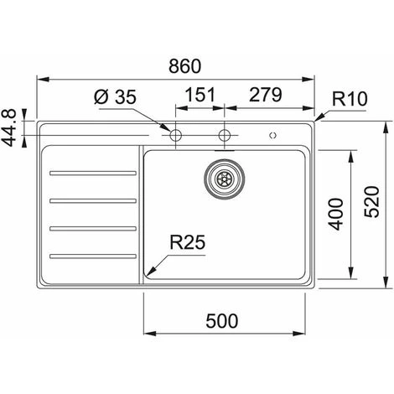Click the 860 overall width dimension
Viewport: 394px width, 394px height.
click(185, 66)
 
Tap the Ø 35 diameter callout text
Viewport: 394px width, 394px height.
click(115, 97)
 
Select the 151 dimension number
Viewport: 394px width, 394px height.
click(200, 95)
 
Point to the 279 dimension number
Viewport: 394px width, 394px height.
click(266, 95)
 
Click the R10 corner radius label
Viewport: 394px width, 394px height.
click(350, 99)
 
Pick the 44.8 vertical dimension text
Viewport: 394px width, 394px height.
click(9, 128)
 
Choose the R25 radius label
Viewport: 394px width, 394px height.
click(188, 242)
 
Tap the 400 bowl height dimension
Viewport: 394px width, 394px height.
click(335, 215)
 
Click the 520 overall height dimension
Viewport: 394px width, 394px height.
click(372, 202)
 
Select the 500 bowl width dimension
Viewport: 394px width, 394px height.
click(222, 321)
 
